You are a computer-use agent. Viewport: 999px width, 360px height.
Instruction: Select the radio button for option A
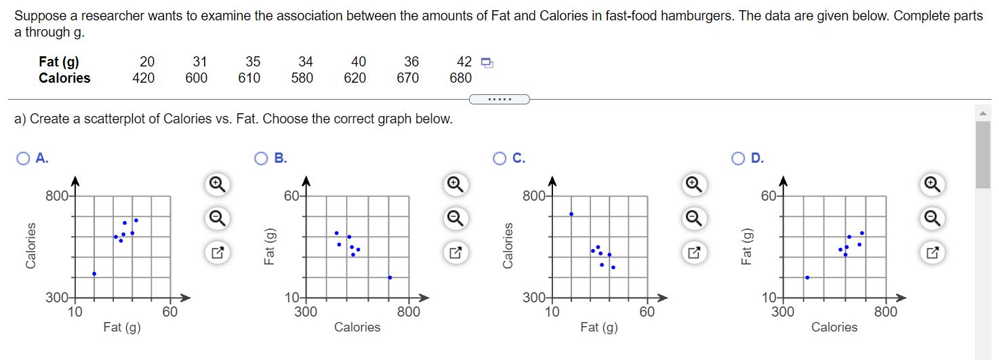coord(24,159)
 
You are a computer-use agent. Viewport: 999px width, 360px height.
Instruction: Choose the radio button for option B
coord(262,159)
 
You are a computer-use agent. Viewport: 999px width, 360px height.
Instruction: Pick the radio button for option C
coord(499,159)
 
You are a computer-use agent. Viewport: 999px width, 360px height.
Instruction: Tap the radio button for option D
coord(738,159)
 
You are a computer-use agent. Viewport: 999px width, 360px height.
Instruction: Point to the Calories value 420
coord(143,78)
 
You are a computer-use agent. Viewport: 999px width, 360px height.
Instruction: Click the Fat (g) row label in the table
coord(59,62)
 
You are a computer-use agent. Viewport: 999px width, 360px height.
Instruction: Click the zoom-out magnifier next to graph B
coord(455,218)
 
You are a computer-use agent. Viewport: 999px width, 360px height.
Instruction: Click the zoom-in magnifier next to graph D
coord(933,183)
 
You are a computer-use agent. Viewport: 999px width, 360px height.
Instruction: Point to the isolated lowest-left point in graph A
coord(94,274)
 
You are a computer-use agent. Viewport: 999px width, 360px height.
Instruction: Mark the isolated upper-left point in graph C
coord(571,214)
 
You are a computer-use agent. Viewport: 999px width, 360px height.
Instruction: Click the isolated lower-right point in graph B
coord(390,277)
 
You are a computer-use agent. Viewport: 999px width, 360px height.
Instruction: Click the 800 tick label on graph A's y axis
coord(55,197)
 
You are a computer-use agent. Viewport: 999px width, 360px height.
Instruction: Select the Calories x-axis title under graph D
coord(834,327)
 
